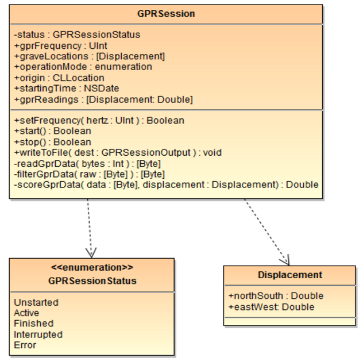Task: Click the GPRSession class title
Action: point(166,13)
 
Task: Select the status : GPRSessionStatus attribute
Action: point(77,34)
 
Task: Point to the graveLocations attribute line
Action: point(90,56)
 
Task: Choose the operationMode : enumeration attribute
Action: point(83,67)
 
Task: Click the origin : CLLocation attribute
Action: point(59,78)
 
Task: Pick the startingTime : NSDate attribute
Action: point(66,89)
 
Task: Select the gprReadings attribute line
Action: point(103,99)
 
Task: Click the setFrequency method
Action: point(99,121)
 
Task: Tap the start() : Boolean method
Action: point(52,131)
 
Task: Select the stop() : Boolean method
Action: point(52,142)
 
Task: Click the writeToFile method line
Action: point(118,152)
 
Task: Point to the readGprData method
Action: point(87,163)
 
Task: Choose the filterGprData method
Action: point(89,174)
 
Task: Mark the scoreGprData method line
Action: point(166,185)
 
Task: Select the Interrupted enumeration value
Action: point(38,334)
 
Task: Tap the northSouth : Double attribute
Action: point(276,295)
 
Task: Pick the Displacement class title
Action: point(289,275)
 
